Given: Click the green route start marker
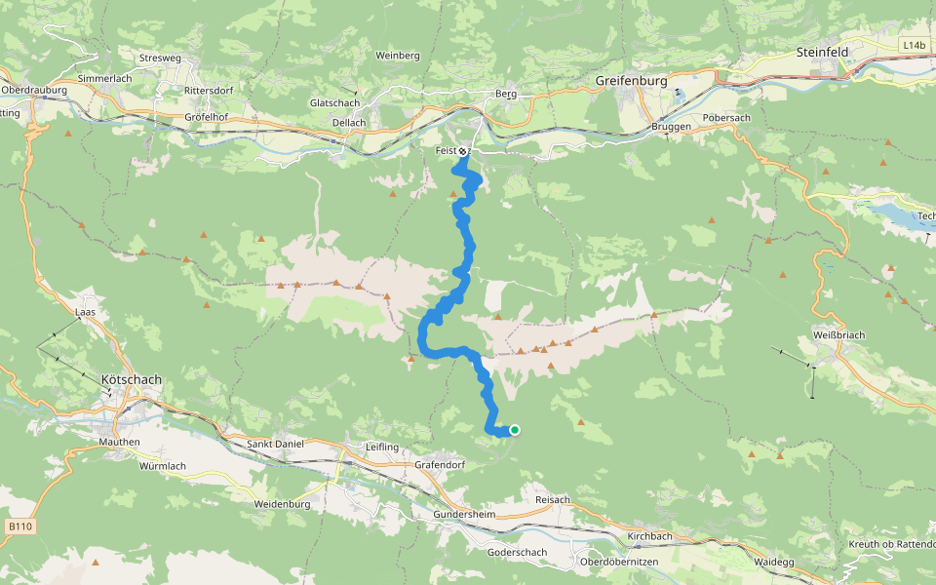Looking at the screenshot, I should point(514,430).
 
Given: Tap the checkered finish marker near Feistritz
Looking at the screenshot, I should point(462,151).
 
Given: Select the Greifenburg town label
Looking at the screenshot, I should point(632,82).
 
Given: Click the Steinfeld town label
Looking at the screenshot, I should point(823,51).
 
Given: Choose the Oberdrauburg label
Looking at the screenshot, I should point(33,90).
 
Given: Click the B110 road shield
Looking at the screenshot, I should point(20,526).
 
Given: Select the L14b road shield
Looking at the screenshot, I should point(914,45).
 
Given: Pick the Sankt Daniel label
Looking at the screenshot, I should point(275,444).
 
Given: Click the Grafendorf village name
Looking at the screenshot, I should point(440,464).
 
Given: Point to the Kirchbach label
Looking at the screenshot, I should point(650,537).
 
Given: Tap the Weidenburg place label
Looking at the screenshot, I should point(282,504).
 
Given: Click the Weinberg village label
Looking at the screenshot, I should point(397,56).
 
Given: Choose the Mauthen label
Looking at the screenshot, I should point(120,442).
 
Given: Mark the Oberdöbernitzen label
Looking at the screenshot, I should point(619,563).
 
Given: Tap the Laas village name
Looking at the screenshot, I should point(86,312).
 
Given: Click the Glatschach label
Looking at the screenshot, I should point(334,102).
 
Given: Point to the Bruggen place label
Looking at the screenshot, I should point(672,127).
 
